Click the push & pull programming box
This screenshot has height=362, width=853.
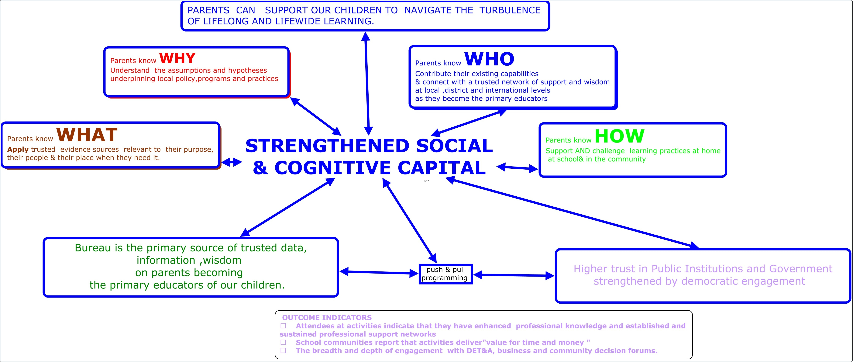click(x=445, y=274)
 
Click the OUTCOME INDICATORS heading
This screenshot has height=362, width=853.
click(x=327, y=317)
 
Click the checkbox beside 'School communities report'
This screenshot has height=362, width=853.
click(x=283, y=342)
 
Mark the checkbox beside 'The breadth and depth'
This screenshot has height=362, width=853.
click(x=283, y=350)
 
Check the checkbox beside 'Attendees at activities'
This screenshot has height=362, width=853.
click(x=283, y=326)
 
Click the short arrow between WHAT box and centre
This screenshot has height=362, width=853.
click(x=232, y=162)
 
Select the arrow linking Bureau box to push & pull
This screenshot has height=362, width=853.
click(x=379, y=273)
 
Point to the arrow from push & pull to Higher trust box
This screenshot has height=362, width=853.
click(x=514, y=275)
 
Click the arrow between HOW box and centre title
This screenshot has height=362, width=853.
click(x=518, y=168)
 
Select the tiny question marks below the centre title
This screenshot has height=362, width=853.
click(x=426, y=181)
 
